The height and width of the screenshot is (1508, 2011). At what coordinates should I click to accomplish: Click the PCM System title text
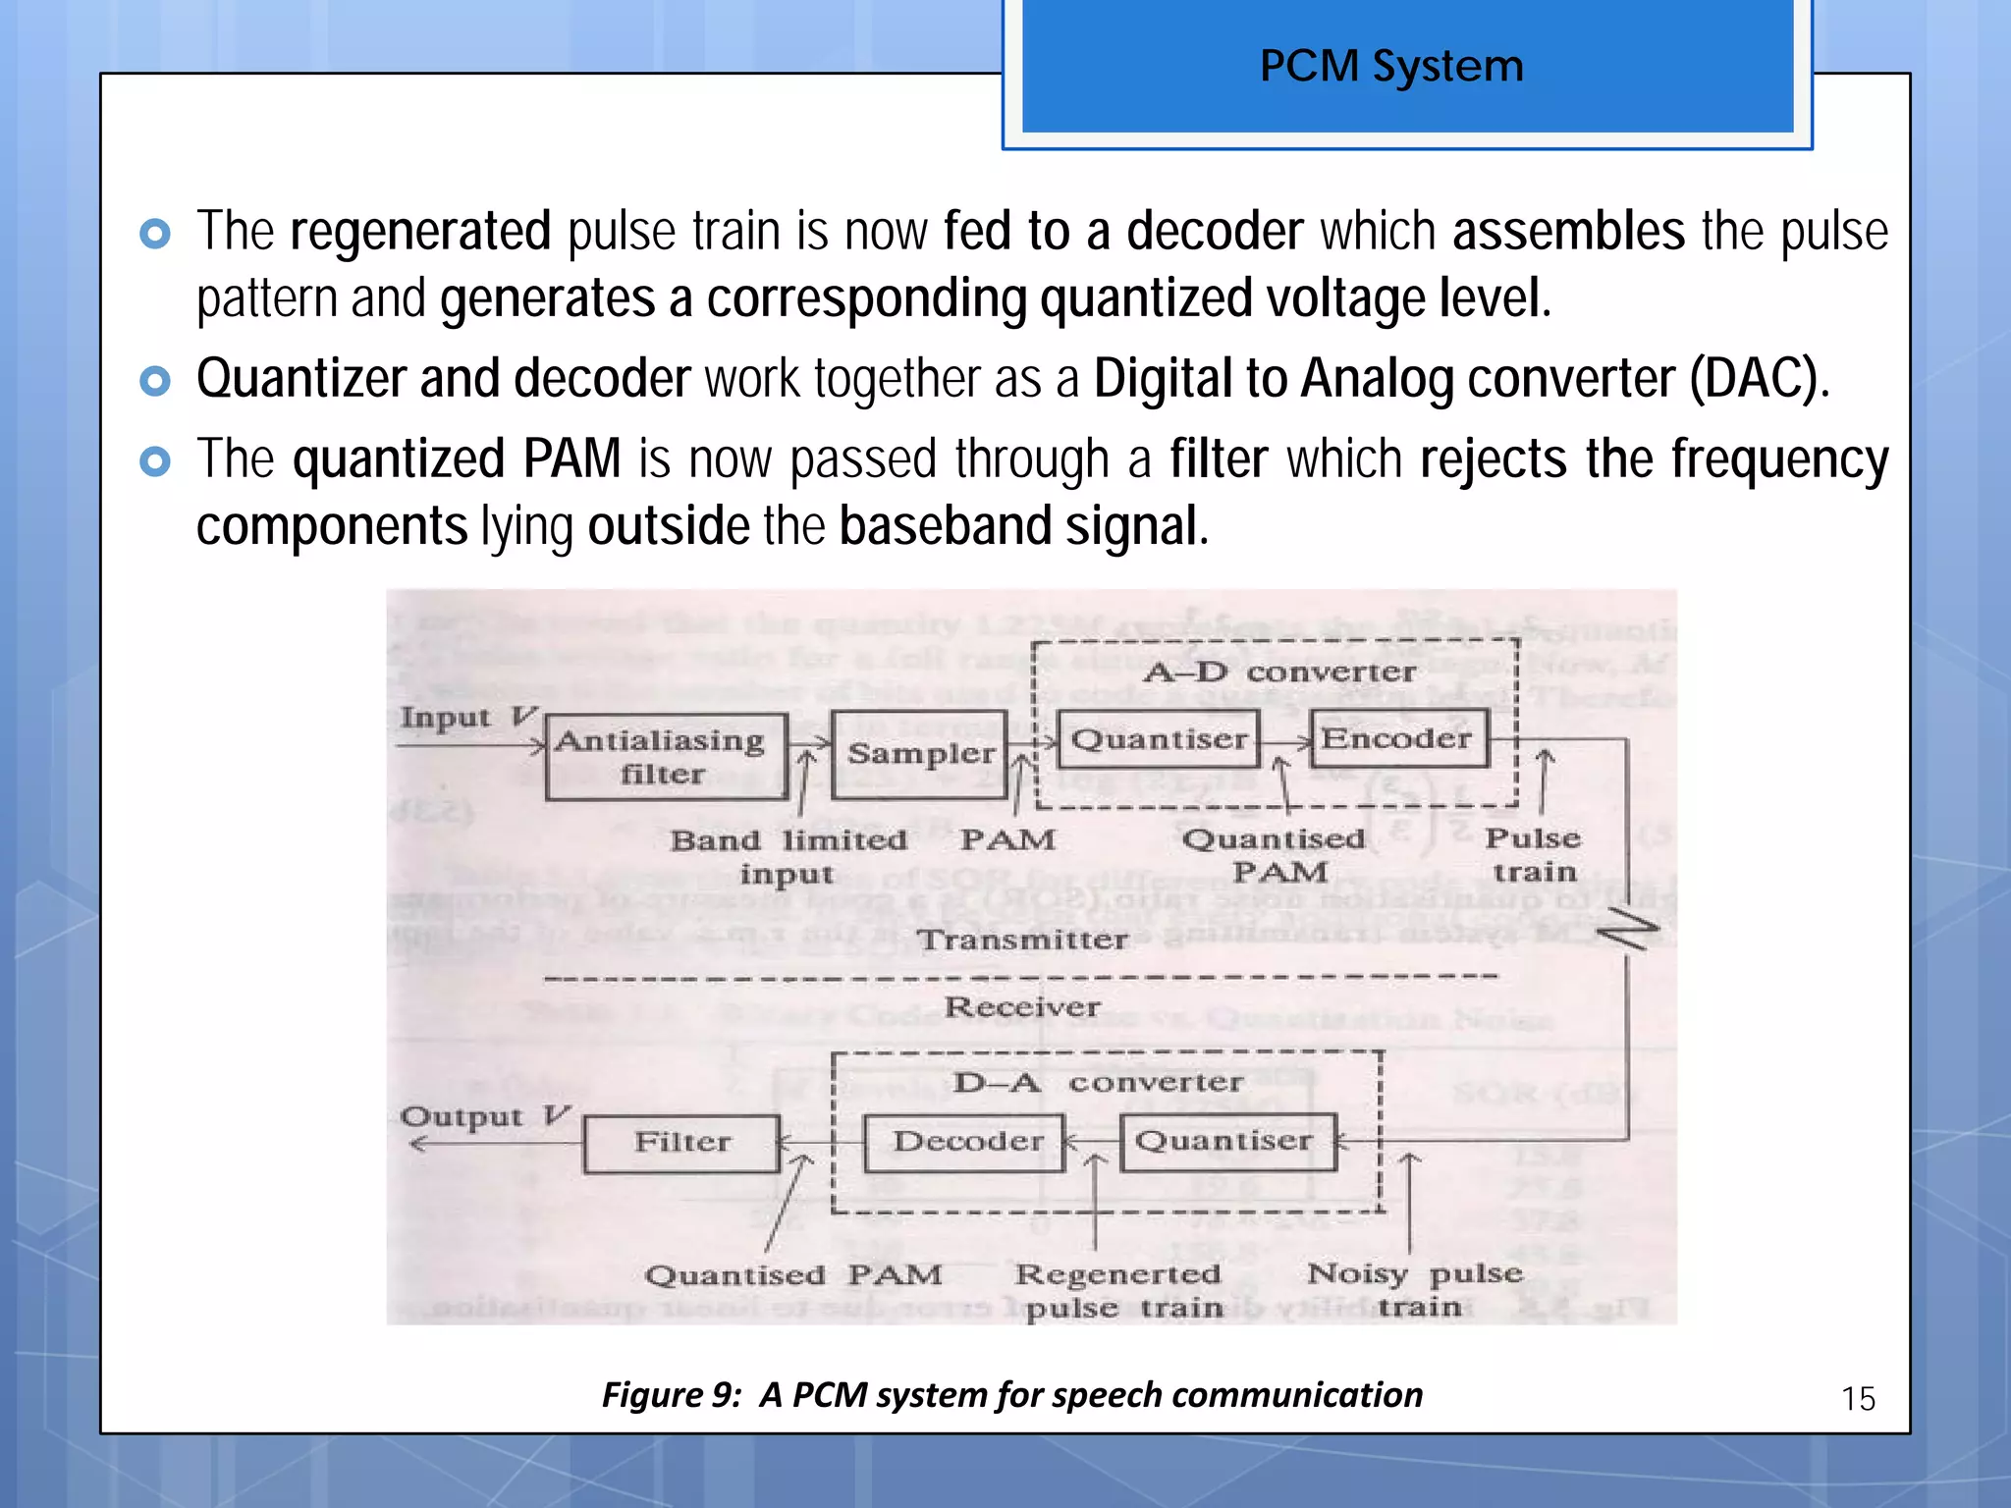tap(1391, 67)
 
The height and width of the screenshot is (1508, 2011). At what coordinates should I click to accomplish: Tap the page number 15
tap(1858, 1398)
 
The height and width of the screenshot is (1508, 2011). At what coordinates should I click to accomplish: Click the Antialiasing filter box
tap(666, 756)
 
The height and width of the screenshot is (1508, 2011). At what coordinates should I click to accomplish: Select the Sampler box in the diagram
tap(920, 754)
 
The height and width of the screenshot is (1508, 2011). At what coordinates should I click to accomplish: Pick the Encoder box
tap(1398, 738)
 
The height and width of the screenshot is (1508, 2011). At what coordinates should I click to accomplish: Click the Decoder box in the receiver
tap(965, 1142)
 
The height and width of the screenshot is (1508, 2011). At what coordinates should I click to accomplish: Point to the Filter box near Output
tap(682, 1143)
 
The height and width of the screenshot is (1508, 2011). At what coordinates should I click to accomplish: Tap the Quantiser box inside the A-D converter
tap(1159, 739)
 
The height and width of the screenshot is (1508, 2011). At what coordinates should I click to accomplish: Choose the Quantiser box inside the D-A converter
tap(1227, 1141)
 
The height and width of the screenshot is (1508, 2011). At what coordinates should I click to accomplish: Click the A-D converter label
tap(1279, 673)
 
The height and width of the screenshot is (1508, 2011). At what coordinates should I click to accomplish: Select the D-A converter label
tap(1097, 1083)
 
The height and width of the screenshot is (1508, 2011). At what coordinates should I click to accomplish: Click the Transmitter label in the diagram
tap(1022, 940)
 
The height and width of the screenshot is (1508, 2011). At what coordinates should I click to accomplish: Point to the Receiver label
tap(1021, 1007)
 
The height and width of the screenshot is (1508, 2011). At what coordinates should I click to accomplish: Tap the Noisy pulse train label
tap(1415, 1289)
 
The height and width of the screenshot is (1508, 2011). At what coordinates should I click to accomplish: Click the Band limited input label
tap(788, 856)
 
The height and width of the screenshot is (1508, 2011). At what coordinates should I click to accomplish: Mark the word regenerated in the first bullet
tap(420, 232)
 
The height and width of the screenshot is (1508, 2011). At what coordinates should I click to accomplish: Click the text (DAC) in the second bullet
tap(1758, 379)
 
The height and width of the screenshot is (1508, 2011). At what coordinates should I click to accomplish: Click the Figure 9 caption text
tap(1011, 1395)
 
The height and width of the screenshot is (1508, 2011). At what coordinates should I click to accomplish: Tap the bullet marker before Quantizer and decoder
tap(155, 380)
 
